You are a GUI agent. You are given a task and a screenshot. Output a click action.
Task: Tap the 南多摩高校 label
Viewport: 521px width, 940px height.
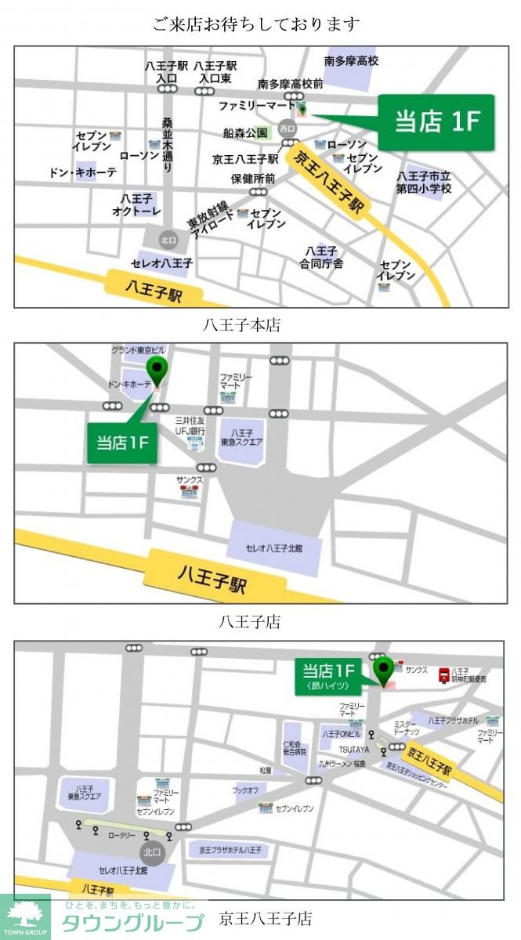coord(352,60)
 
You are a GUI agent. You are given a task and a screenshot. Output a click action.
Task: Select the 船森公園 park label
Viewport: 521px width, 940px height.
coord(245,133)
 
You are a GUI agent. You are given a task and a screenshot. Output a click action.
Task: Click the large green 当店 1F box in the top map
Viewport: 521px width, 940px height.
coord(436,122)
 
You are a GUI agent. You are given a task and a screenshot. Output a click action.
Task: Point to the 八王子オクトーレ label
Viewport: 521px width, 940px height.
coord(136,205)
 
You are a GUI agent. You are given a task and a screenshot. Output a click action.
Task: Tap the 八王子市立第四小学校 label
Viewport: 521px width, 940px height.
coord(424,183)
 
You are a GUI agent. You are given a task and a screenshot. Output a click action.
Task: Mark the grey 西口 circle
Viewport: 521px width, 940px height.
coord(288,128)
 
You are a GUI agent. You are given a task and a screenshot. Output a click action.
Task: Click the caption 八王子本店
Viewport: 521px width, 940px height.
coord(241,324)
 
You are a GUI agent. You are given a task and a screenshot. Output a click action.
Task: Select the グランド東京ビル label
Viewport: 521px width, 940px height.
coord(139,349)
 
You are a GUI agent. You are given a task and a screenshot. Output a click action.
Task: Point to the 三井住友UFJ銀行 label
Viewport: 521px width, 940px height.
coord(190,425)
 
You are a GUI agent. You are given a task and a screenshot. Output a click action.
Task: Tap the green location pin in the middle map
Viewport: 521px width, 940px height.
coord(158,371)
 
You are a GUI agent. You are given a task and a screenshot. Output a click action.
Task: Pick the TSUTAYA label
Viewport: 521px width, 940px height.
coord(354,750)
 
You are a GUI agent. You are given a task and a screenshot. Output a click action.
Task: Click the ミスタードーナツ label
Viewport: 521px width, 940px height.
coord(406,727)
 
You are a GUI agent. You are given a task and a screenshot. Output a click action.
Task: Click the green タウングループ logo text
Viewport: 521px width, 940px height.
coord(132,922)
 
